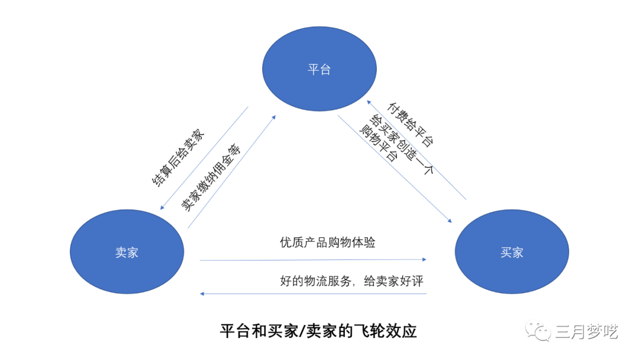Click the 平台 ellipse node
pyautogui.click(x=319, y=69)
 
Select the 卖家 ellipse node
pyautogui.click(x=127, y=252)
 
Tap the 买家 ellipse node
pyautogui.click(x=512, y=252)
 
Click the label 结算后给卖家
pyautogui.click(x=177, y=157)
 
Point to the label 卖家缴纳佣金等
pyautogui.click(x=211, y=177)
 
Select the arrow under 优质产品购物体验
pyautogui.click(x=314, y=259)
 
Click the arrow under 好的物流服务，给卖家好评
pyautogui.click(x=314, y=294)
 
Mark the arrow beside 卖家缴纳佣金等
pyautogui.click(x=231, y=171)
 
